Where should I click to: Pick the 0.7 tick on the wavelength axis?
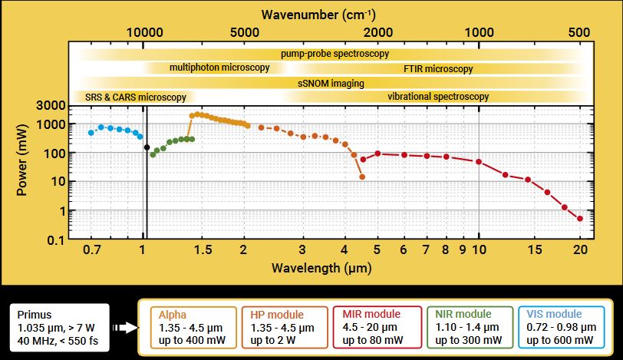coord(91,250)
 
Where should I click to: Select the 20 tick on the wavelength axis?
coord(580,250)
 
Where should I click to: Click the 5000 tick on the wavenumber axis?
coord(243,32)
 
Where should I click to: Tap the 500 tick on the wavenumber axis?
coord(580,32)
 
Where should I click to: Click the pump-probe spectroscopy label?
coord(335,54)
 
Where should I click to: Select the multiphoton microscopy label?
coord(219,68)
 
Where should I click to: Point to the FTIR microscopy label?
coord(438,69)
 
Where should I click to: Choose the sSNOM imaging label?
coord(331,83)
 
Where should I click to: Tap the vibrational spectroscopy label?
coord(438,97)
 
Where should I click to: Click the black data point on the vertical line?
coord(147,147)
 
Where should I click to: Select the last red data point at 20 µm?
coord(580,219)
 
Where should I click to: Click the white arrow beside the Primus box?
coord(123,328)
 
